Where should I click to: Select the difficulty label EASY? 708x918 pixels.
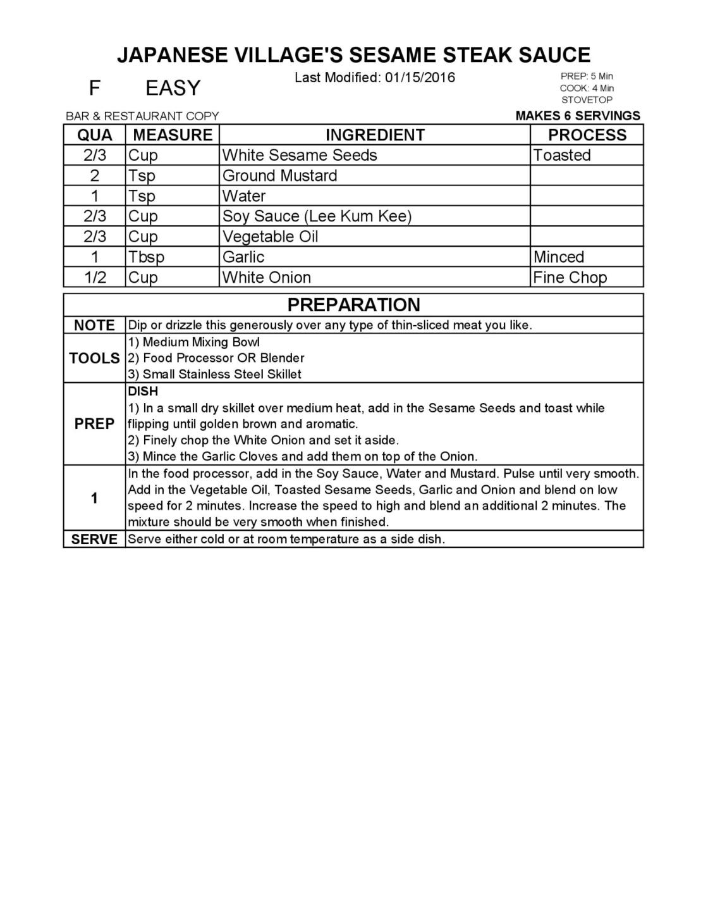pyautogui.click(x=173, y=88)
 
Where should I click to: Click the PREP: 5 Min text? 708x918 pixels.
pyautogui.click(x=587, y=77)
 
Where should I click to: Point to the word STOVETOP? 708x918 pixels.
pyautogui.click(x=587, y=100)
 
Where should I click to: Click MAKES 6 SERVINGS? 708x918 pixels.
pyautogui.click(x=578, y=116)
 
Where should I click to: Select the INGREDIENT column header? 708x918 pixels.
pyautogui.click(x=375, y=135)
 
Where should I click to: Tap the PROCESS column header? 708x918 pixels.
pyautogui.click(x=587, y=135)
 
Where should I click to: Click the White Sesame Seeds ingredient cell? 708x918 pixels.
pyautogui.click(x=300, y=155)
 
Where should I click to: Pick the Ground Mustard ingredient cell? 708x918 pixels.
pyautogui.click(x=279, y=175)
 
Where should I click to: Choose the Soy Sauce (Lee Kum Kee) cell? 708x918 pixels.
pyautogui.click(x=317, y=216)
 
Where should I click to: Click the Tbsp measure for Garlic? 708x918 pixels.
pyautogui.click(x=146, y=257)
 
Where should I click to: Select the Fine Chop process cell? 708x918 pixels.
pyautogui.click(x=570, y=277)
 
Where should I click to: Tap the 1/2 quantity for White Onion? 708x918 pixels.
pyautogui.click(x=95, y=277)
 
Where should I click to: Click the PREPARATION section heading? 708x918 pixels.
pyautogui.click(x=353, y=305)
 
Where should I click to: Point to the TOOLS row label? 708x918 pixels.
pyautogui.click(x=94, y=358)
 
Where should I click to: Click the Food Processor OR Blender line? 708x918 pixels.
pyautogui.click(x=216, y=358)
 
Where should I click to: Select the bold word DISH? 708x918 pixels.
pyautogui.click(x=143, y=392)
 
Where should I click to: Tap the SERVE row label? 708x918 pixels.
pyautogui.click(x=94, y=540)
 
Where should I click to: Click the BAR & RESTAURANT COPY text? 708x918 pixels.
pyautogui.click(x=142, y=116)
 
